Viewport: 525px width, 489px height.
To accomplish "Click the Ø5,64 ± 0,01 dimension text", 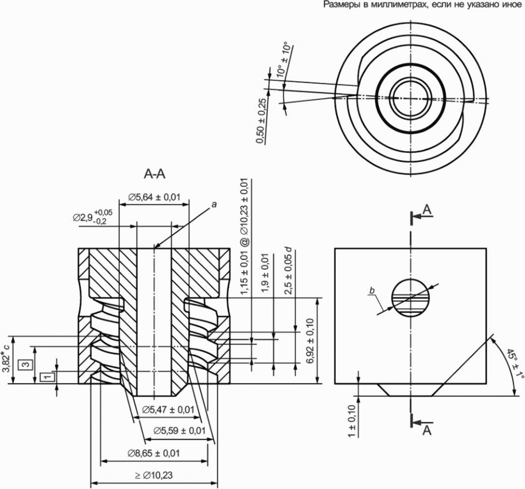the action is point(154,197).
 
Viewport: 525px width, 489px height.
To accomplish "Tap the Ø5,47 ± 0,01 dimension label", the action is point(168,409).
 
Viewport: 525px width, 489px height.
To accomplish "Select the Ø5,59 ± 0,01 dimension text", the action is point(180,431).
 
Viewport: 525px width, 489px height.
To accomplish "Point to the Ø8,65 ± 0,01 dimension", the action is point(153,453).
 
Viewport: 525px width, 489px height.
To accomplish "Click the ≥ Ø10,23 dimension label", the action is point(153,475).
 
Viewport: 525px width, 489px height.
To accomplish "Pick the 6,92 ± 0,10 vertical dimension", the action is point(310,341).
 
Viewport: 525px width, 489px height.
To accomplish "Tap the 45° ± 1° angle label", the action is point(514,364).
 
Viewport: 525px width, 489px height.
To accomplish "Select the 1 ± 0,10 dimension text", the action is point(351,420).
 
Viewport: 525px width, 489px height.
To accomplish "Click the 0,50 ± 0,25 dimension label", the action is point(262,121).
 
